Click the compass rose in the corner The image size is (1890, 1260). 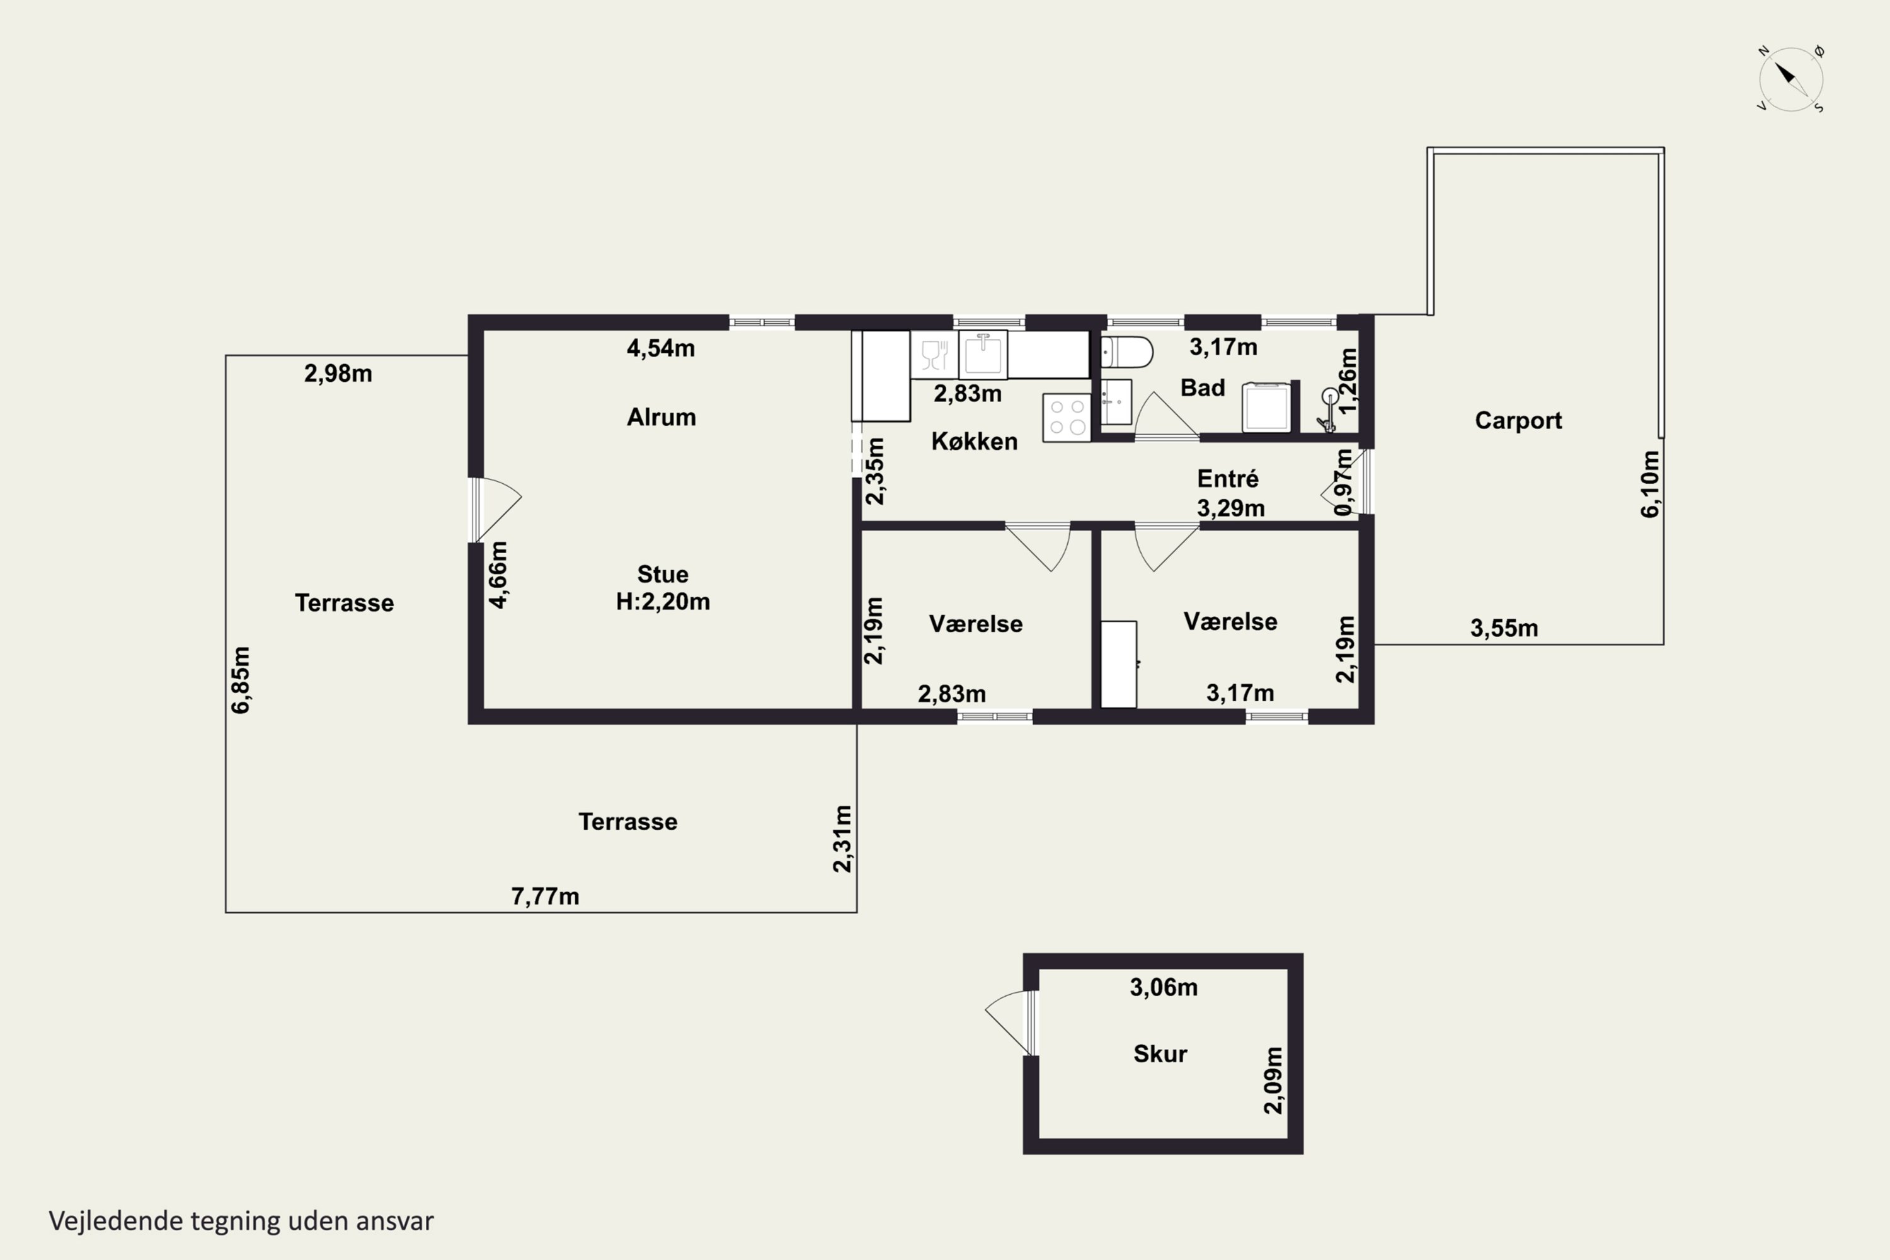point(1791,79)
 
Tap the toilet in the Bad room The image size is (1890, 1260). point(1126,352)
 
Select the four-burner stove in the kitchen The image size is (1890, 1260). point(1067,417)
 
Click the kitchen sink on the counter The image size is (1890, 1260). point(982,353)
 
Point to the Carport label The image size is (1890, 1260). point(1518,420)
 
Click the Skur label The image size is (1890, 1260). point(1160,1053)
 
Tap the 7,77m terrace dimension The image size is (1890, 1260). point(545,896)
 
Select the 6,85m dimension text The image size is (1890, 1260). point(240,679)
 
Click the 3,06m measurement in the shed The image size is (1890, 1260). point(1164,987)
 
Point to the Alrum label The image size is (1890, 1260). point(661,417)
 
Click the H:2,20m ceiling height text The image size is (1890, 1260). point(663,601)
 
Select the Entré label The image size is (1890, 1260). point(1228,479)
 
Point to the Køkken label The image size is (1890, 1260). point(974,441)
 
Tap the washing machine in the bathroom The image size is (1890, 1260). point(1266,406)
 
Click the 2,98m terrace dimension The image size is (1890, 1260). point(338,373)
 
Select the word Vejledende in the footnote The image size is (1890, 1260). point(116,1221)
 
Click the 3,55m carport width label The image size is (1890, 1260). point(1504,627)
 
